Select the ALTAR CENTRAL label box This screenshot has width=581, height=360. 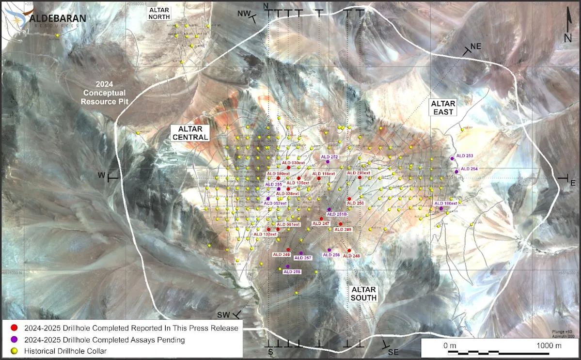click(189, 133)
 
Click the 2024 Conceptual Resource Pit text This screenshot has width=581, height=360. click(103, 93)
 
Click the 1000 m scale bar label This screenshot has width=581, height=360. click(549, 345)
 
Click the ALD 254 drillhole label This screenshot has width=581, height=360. click(469, 169)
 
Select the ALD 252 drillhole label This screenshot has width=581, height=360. click(330, 157)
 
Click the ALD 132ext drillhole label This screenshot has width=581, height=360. click(265, 235)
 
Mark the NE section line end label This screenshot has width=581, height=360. click(475, 46)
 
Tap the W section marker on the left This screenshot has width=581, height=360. click(102, 175)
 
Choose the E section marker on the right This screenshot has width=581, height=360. click(572, 182)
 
